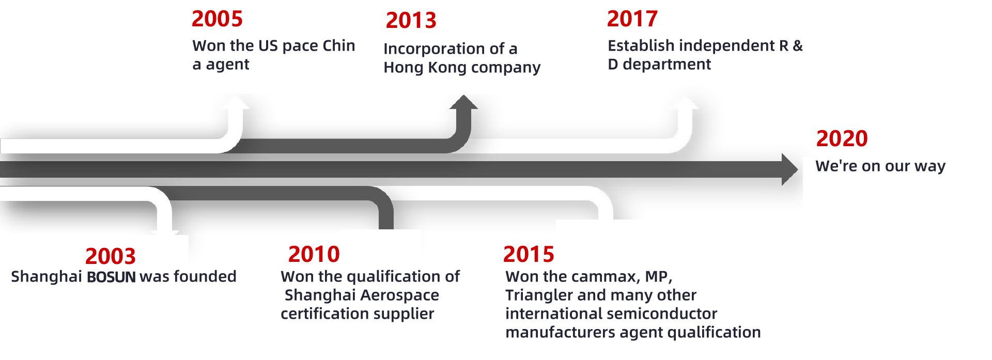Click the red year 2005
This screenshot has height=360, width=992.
[217, 19]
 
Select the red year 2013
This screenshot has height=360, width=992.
[411, 21]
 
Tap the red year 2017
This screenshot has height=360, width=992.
[632, 19]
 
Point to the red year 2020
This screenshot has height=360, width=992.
[841, 138]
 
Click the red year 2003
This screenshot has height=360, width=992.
[110, 256]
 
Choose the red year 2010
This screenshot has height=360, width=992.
[314, 254]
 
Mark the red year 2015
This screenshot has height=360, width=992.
[528, 254]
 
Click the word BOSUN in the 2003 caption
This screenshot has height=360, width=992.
[111, 277]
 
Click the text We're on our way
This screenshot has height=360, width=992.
[880, 166]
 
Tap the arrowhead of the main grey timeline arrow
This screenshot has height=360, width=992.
[789, 169]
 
